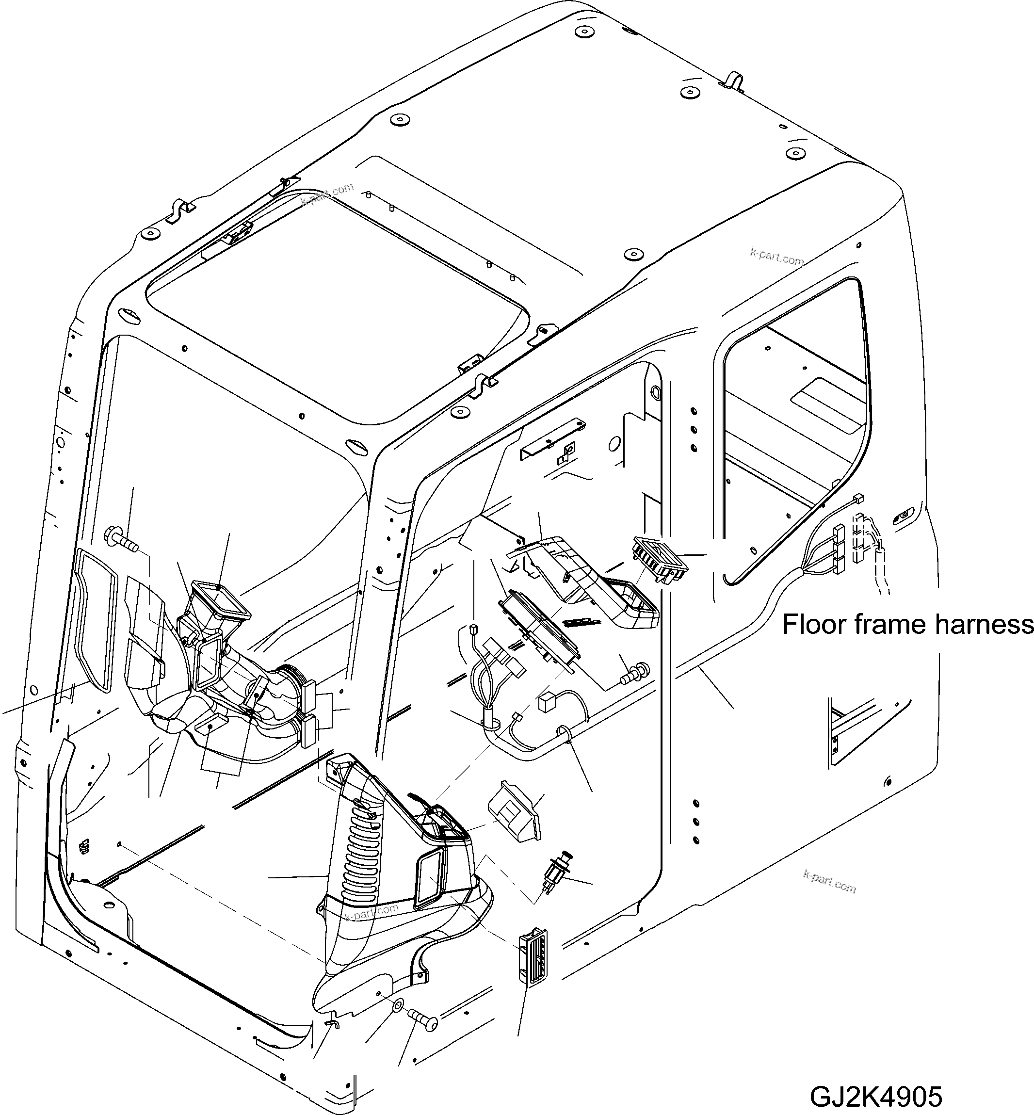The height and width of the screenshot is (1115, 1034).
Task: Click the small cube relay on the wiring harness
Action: [545, 704]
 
